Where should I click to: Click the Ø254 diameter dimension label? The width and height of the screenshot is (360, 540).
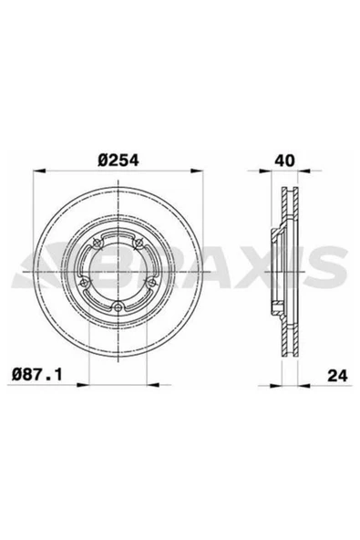coord(118,161)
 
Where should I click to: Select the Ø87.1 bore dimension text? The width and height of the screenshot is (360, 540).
coord(36,374)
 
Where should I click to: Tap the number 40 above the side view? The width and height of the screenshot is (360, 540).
coord(284,161)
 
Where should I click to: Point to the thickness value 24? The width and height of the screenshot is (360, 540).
coord(337,376)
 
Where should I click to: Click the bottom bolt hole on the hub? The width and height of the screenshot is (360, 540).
coord(118,306)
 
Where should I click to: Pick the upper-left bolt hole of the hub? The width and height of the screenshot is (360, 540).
coord(98,244)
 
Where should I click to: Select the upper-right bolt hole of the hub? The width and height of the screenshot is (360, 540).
coord(139,244)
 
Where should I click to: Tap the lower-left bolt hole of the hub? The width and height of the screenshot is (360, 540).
coord(84,283)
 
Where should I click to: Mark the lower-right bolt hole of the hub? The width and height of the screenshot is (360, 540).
coord(151,283)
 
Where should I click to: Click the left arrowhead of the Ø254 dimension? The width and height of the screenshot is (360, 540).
coord(39,171)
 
